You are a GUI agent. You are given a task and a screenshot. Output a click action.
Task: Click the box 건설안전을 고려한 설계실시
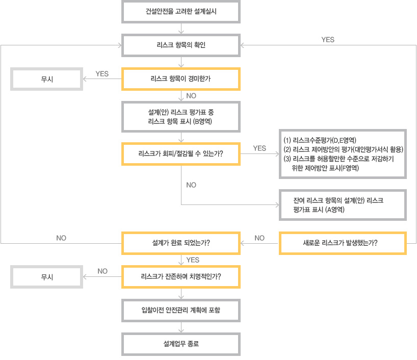click(x=181, y=11)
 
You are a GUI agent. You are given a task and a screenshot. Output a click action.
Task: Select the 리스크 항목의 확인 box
click(x=181, y=45)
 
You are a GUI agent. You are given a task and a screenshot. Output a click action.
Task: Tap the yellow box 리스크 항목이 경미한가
click(x=181, y=79)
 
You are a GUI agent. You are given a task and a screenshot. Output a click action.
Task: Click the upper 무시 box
click(x=46, y=79)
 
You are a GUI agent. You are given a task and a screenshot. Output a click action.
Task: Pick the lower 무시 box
click(x=46, y=277)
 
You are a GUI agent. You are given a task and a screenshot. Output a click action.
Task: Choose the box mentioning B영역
click(x=181, y=117)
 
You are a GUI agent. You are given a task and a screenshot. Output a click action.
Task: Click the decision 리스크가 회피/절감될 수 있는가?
click(x=181, y=154)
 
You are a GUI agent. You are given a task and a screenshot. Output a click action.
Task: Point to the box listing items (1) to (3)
click(x=343, y=154)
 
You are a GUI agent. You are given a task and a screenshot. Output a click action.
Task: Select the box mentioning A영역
click(x=343, y=205)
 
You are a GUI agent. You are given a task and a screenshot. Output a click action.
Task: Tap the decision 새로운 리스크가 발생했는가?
click(x=343, y=243)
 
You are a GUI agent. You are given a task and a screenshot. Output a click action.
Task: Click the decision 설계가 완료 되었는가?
click(x=181, y=243)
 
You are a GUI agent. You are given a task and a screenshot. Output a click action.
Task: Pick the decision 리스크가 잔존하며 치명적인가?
click(x=181, y=277)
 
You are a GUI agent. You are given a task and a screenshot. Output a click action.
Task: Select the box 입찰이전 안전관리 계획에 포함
click(x=181, y=311)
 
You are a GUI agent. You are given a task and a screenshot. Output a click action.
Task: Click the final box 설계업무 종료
click(x=181, y=344)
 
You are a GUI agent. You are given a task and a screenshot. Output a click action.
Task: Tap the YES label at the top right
click(x=328, y=40)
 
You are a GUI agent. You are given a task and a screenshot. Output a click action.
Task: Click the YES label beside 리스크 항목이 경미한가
click(x=102, y=74)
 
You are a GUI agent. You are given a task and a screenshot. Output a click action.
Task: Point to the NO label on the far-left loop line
click(x=61, y=238)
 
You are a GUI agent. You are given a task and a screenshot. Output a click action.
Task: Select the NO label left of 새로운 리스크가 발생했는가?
click(x=259, y=238)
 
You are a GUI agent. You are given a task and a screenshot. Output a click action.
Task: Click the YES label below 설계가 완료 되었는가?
click(x=193, y=260)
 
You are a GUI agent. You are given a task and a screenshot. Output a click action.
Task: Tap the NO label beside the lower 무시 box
click(x=102, y=271)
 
